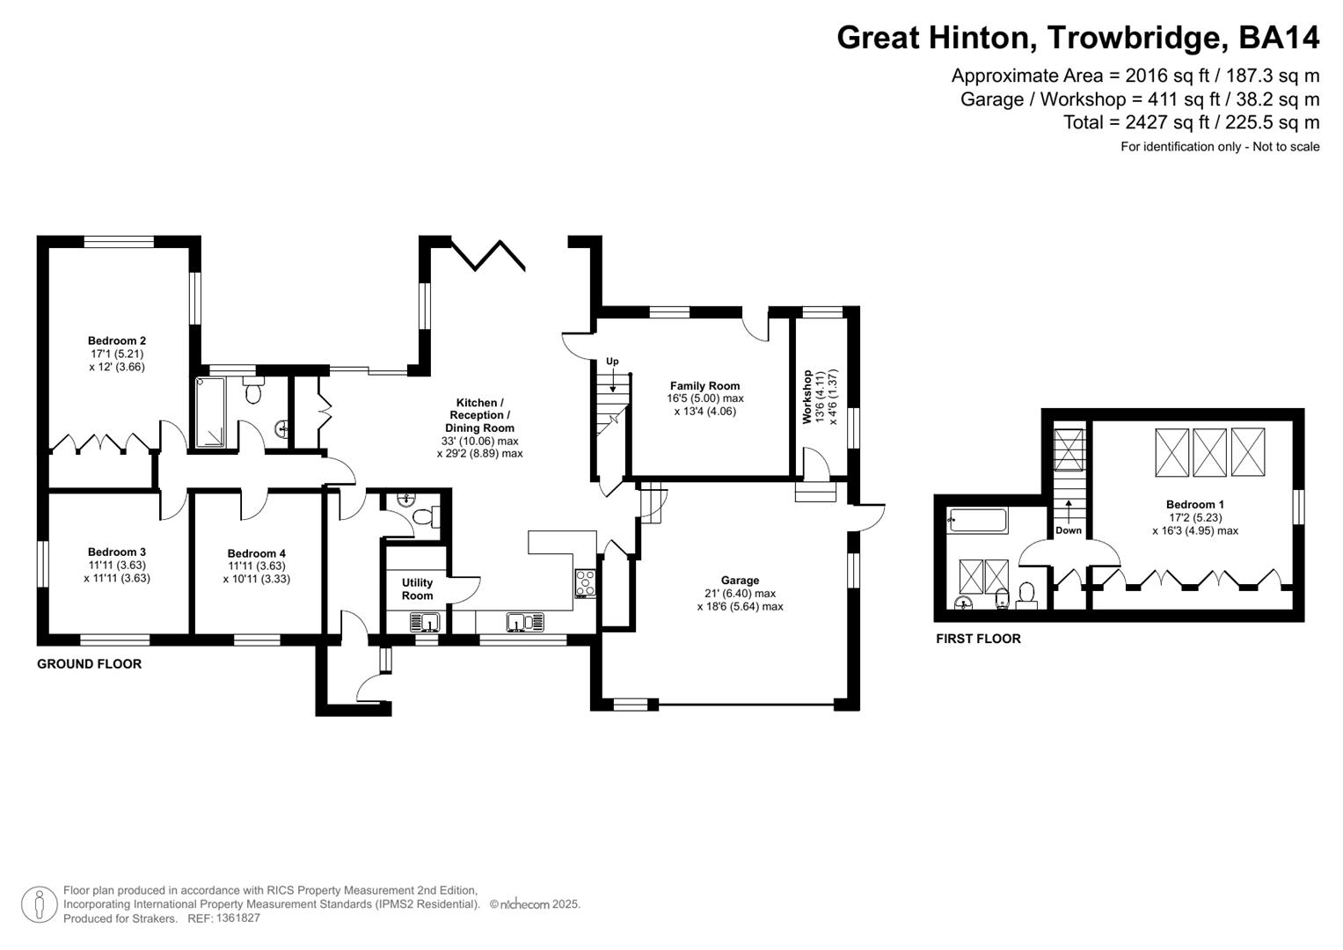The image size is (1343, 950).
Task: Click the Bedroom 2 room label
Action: click(117, 340)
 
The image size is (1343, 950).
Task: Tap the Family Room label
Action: click(704, 385)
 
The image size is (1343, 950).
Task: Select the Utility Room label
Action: click(417, 588)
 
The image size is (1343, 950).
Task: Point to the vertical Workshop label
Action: click(807, 398)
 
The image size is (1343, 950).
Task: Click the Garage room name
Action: click(740, 581)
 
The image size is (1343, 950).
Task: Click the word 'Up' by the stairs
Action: click(612, 362)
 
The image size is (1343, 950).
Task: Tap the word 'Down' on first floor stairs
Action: click(1069, 530)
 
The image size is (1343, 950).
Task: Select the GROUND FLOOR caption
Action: click(89, 664)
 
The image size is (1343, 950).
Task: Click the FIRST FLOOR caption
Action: click(978, 639)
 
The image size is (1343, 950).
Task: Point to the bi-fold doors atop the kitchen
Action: click(489, 254)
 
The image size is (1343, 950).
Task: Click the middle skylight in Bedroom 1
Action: click(1210, 452)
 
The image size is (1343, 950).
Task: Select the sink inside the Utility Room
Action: click(425, 623)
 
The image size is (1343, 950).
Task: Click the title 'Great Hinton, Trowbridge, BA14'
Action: click(1077, 38)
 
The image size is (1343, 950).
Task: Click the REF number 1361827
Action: click(238, 917)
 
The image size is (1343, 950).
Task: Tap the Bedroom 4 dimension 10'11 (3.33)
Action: click(256, 579)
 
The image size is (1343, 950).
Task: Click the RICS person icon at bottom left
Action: click(39, 904)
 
